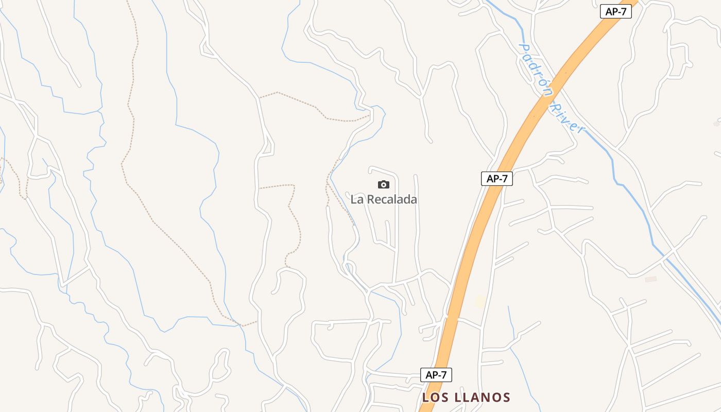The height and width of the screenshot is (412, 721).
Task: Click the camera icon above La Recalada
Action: pos(384,184)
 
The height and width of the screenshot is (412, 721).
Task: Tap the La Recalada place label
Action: pos(384,199)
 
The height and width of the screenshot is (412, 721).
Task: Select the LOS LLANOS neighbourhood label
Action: pos(466,398)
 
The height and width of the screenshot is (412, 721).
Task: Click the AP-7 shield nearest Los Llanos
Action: pos(436,375)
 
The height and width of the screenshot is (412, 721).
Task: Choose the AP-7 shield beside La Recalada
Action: pos(497,179)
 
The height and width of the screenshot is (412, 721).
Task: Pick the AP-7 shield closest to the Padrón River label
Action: pos(615,11)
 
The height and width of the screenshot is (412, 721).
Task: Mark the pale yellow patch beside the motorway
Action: pos(480,301)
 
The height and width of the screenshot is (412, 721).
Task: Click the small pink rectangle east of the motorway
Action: pos(651,279)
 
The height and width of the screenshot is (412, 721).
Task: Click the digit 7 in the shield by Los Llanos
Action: pos(443,375)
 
